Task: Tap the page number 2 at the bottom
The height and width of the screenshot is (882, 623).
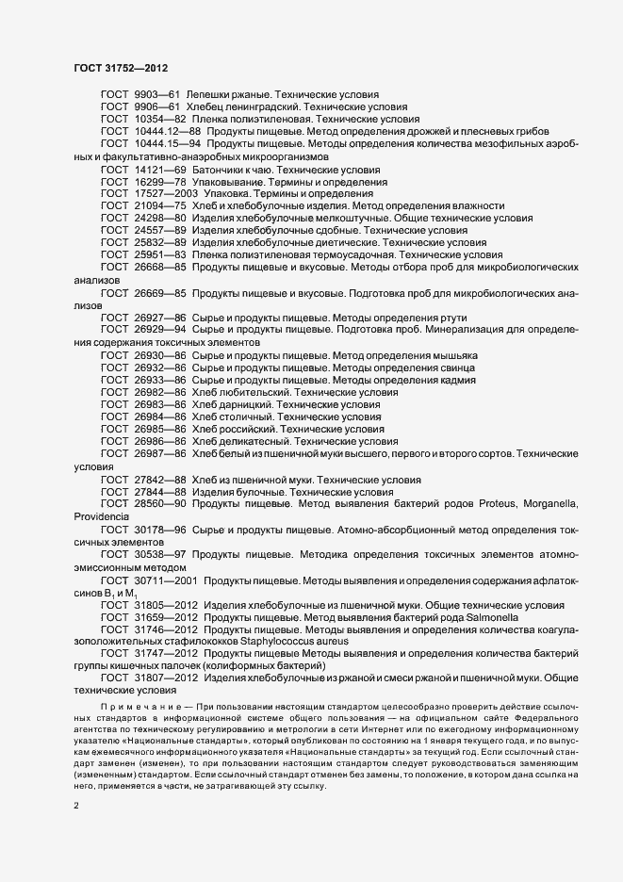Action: [76, 806]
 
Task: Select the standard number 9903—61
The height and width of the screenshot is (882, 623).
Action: [156, 95]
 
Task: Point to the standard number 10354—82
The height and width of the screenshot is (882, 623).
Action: [159, 120]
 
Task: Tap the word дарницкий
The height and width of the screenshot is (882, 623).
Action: [242, 403]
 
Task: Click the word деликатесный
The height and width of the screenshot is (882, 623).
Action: [250, 440]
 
